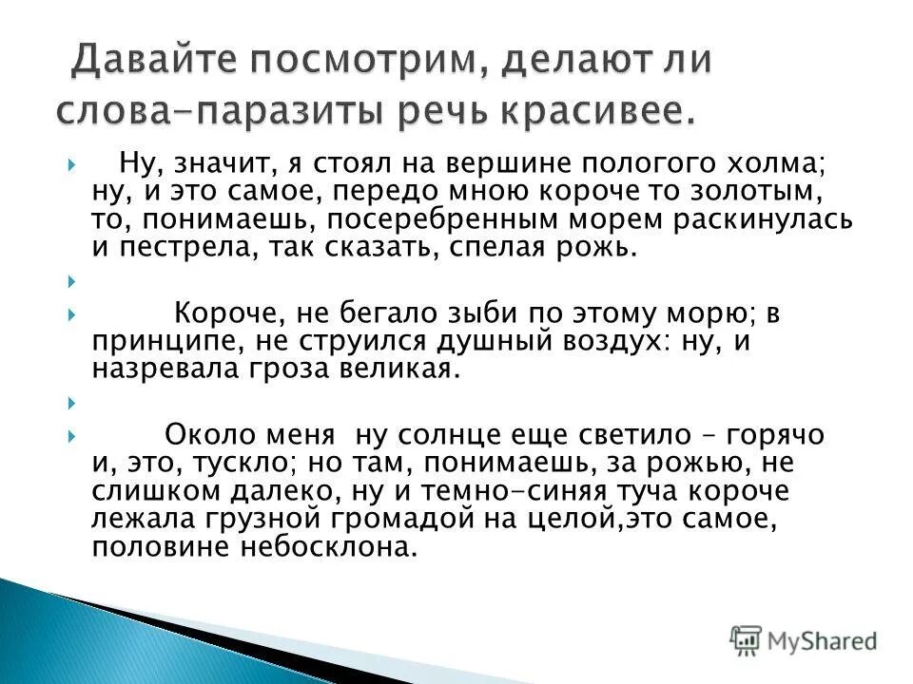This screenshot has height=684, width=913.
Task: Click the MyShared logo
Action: pos(804,638)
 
